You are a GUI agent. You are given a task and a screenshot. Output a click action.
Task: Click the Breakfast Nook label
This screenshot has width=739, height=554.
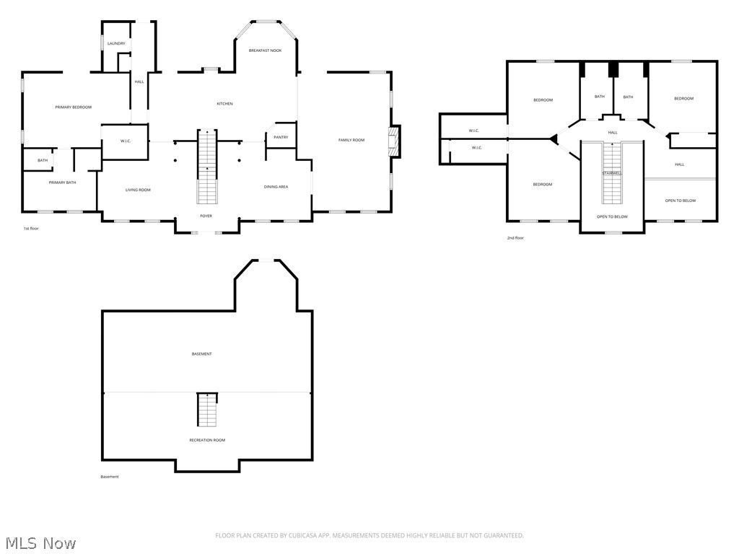click(x=265, y=50)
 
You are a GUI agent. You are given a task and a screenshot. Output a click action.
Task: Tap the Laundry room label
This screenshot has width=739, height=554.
click(x=116, y=44)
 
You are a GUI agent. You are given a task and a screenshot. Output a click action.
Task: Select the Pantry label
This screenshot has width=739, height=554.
click(x=281, y=137)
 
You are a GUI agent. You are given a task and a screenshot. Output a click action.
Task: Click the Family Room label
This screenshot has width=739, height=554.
click(x=351, y=140)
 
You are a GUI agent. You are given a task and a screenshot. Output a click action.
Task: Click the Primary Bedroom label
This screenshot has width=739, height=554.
click(x=74, y=107)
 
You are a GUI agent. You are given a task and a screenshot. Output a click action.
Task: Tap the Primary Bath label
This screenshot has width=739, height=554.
click(x=62, y=183)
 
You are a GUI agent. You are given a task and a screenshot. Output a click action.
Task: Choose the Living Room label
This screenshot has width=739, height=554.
click(x=138, y=190)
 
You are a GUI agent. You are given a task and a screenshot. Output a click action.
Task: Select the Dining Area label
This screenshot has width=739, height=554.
click(x=276, y=187)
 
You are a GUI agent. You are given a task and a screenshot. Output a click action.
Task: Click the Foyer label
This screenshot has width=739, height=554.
click(x=206, y=216)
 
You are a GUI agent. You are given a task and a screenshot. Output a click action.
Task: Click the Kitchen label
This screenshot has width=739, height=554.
click(x=225, y=104)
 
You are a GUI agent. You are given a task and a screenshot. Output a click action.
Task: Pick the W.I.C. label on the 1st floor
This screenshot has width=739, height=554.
click(x=125, y=141)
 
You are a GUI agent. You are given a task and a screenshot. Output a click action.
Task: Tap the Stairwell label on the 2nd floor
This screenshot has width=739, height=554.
click(x=612, y=173)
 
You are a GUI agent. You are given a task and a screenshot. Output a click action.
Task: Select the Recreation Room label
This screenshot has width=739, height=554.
click(x=207, y=440)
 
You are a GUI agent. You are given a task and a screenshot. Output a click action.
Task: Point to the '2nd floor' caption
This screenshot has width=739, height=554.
click(x=515, y=238)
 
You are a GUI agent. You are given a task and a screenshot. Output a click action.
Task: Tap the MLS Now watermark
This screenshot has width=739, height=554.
click(x=40, y=542)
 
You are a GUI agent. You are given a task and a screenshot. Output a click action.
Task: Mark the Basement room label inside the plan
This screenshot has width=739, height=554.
click(x=202, y=354)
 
